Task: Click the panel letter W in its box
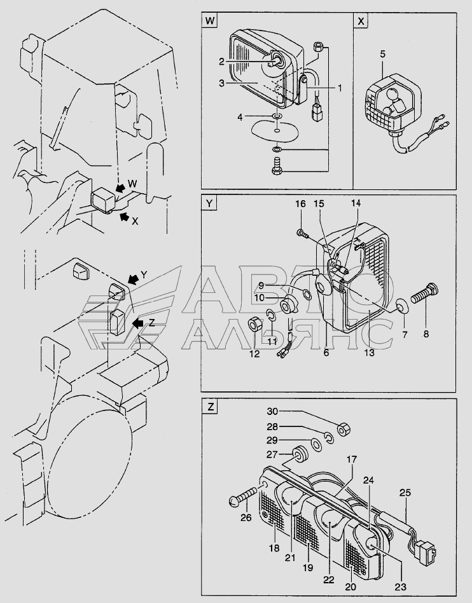pyautogui.click(x=209, y=21)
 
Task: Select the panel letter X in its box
pyautogui.click(x=361, y=21)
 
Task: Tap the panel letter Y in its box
pyautogui.click(x=209, y=203)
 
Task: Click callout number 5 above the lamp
pyautogui.click(x=382, y=54)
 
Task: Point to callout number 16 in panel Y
pyautogui.click(x=300, y=204)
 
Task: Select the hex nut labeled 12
pyautogui.click(x=253, y=325)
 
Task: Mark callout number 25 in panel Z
pyautogui.click(x=405, y=492)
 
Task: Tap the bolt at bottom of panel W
pyautogui.click(x=277, y=168)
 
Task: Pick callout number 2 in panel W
pyautogui.click(x=221, y=62)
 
